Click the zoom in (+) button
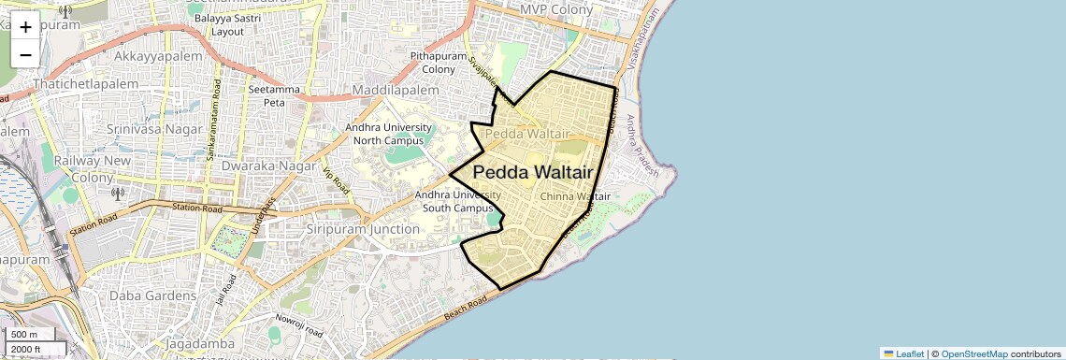click(x=25, y=27)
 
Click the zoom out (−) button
click(x=25, y=54)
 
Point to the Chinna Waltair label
click(x=575, y=196)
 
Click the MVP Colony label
click(x=556, y=9)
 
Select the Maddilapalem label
click(x=395, y=90)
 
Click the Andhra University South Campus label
click(x=458, y=201)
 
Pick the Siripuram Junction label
click(x=363, y=229)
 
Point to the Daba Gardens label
click(x=152, y=295)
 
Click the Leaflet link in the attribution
click(x=903, y=353)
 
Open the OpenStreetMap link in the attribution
click(x=973, y=353)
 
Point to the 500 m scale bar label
click(x=23, y=335)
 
